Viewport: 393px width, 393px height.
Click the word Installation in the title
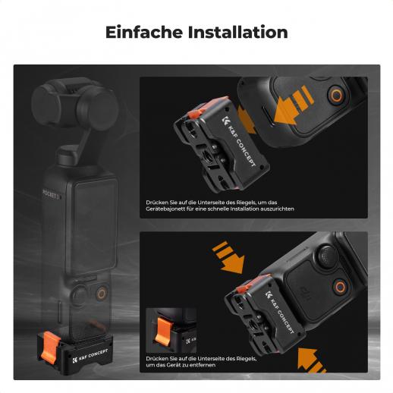click(x=238, y=32)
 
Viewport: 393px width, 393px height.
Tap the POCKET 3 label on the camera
click(x=51, y=194)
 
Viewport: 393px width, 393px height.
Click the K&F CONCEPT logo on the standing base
click(x=90, y=356)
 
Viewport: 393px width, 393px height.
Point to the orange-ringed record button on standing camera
click(x=102, y=294)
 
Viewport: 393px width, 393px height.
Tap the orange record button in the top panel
click(x=337, y=96)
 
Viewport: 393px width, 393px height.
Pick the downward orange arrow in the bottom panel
click(x=229, y=257)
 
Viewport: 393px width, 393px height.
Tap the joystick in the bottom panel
click(x=327, y=254)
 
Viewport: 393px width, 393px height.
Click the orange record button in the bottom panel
click(x=340, y=287)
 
